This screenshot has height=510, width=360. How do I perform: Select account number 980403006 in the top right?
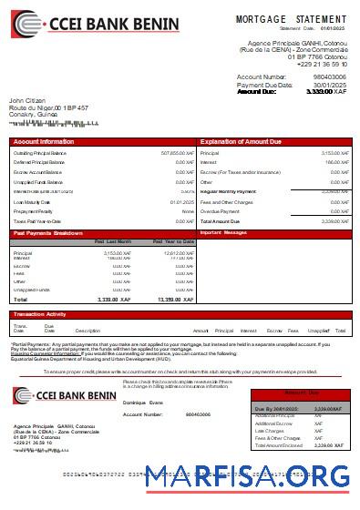coord(329,76)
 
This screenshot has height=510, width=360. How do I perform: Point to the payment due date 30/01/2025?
coord(329,84)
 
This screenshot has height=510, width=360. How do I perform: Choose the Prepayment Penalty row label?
coord(34,211)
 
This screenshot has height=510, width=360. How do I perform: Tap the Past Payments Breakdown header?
coord(50,232)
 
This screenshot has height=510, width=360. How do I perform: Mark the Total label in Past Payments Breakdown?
coord(20,299)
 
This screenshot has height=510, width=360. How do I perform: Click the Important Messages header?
coord(223,232)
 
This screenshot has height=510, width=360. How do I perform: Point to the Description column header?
coord(87,331)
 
